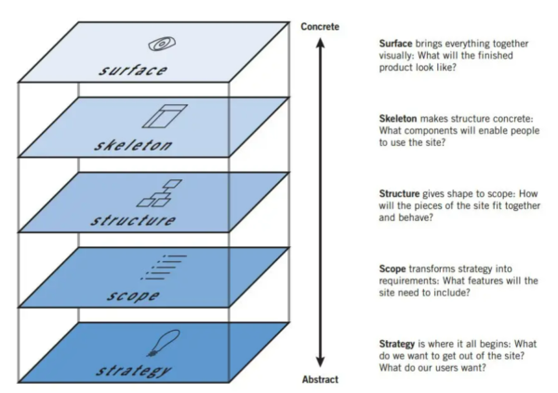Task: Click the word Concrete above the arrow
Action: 320,26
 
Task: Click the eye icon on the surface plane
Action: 161,43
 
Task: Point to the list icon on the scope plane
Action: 163,267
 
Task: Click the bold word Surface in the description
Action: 397,44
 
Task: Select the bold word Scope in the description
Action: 393,268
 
